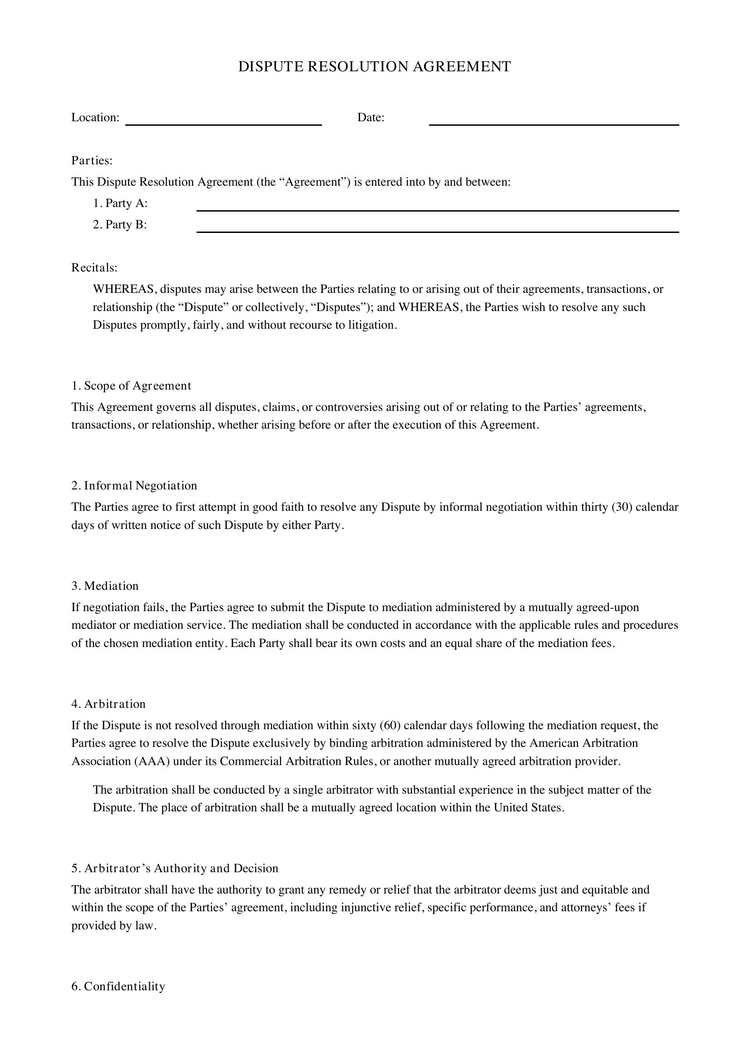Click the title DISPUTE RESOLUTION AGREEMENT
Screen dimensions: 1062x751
[x=374, y=67]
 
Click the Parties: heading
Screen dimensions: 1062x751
[x=92, y=160]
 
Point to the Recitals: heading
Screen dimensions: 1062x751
[x=94, y=268]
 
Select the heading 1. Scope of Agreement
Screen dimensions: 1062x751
[x=131, y=386]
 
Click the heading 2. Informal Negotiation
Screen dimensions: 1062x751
[x=134, y=486]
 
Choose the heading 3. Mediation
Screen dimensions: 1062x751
[x=105, y=586]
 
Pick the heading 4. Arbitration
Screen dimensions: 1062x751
[x=108, y=704]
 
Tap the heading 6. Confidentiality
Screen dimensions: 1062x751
[x=119, y=987]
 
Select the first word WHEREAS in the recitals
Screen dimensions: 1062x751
[x=124, y=290]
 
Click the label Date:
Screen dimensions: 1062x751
[x=371, y=118]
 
